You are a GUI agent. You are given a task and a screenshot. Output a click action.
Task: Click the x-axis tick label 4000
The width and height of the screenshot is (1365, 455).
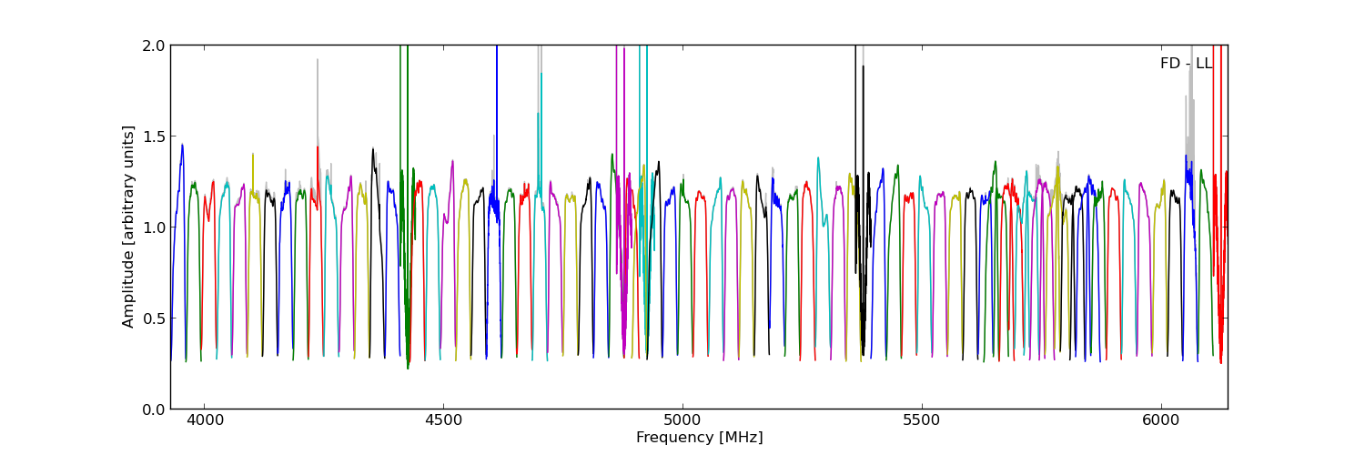(204, 421)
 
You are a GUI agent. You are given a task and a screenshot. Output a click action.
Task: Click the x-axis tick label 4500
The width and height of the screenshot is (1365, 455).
(443, 421)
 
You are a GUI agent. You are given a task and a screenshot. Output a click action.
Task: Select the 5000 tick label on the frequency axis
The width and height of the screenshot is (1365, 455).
(682, 421)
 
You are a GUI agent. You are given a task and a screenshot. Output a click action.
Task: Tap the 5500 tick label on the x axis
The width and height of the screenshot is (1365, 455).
(922, 421)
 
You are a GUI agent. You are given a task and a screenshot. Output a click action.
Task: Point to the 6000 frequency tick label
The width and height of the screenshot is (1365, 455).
(1161, 421)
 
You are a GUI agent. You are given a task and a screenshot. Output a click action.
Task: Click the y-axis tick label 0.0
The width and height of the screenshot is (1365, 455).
(154, 409)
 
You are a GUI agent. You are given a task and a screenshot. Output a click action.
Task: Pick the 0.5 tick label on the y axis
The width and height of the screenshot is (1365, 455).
(154, 318)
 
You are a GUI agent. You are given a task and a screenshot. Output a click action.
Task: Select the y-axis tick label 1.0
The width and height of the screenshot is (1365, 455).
(154, 227)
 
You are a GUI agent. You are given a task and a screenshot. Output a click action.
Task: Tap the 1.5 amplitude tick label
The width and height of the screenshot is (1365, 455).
(154, 136)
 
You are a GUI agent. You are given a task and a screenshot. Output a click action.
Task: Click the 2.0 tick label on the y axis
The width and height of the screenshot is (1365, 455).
(154, 45)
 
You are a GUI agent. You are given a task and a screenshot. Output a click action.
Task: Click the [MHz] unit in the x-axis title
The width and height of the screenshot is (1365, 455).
(741, 438)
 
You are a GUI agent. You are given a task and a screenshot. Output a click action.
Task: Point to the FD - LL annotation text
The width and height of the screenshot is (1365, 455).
(1186, 64)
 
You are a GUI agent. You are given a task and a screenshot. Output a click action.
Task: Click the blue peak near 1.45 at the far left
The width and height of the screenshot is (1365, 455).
(182, 146)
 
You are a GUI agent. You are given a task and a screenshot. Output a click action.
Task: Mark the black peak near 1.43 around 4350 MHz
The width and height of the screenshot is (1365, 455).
(372, 150)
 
